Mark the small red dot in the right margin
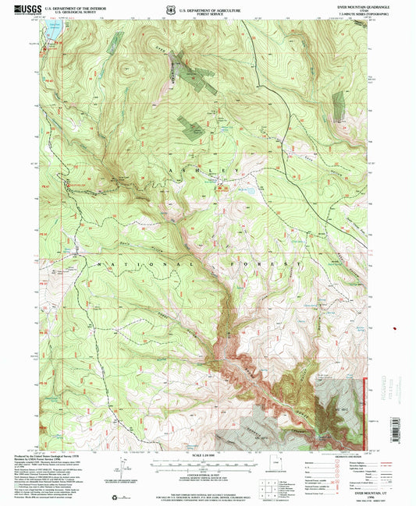point(398,329)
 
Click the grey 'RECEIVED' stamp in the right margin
point(400,387)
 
